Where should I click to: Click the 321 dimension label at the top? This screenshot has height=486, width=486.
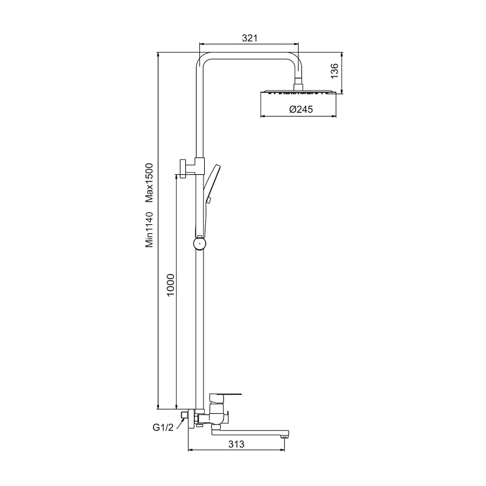tap(250, 38)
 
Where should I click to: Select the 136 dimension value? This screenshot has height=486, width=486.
tap(335, 70)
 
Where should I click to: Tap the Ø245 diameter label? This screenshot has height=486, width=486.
tap(301, 109)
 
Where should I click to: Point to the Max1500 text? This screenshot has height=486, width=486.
tap(149, 183)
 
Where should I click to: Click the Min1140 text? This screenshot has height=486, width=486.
tap(149, 230)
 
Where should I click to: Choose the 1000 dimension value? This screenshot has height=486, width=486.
tap(171, 285)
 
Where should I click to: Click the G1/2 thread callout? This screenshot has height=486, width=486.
tap(163, 428)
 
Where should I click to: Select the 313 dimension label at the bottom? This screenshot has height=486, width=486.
tap(236, 444)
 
